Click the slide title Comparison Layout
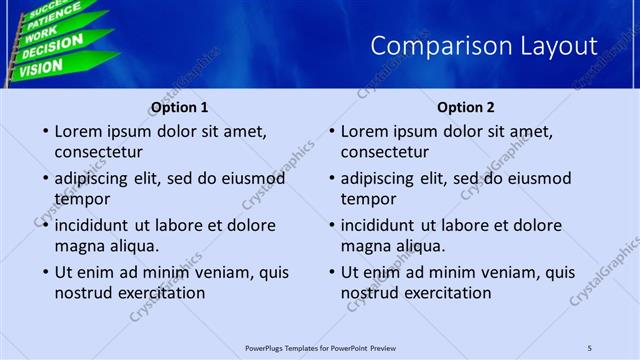pyautogui.click(x=484, y=46)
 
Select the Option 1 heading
pyautogui.click(x=180, y=107)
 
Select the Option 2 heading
pyautogui.click(x=466, y=107)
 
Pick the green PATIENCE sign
pyautogui.click(x=48, y=18)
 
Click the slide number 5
pyautogui.click(x=590, y=347)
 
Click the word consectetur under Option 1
pyautogui.click(x=98, y=152)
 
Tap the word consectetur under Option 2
pyautogui.click(x=384, y=152)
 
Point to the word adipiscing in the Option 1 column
pyautogui.click(x=93, y=178)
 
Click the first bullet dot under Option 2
pyautogui.click(x=331, y=132)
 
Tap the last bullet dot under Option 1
pyautogui.click(x=45, y=272)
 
